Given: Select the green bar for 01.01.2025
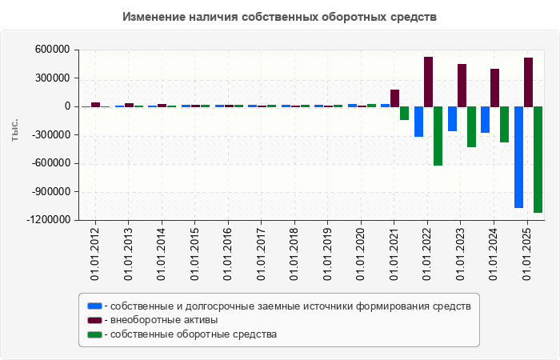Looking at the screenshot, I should [538, 159].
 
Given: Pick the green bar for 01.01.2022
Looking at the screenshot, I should [438, 136].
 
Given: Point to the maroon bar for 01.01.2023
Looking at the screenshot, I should [462, 85].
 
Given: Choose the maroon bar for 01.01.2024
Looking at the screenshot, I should [494, 87].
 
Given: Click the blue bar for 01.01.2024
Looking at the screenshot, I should [485, 119].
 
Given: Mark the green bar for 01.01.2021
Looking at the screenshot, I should [404, 113].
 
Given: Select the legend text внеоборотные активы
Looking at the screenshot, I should [162, 320].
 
